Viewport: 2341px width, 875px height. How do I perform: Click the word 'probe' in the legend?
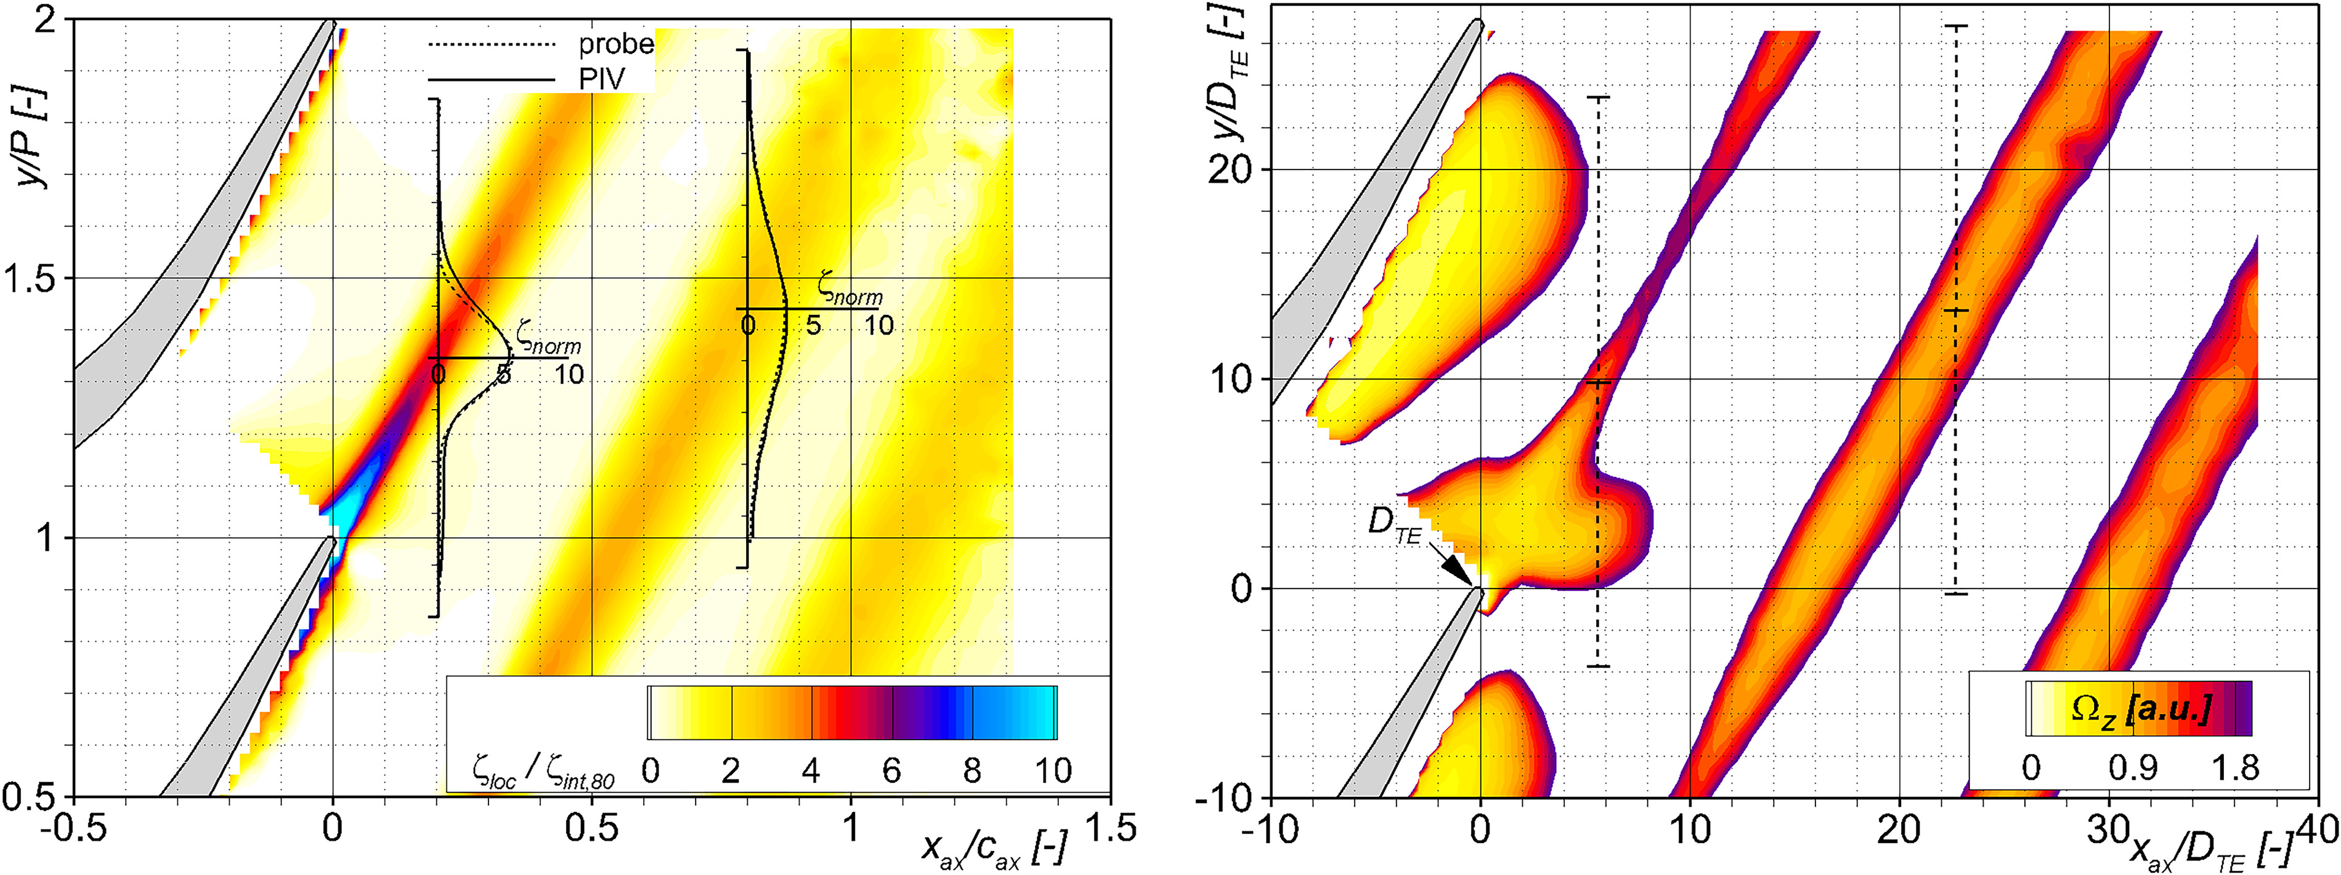[x=616, y=44]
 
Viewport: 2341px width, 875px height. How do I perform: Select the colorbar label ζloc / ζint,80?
[x=543, y=773]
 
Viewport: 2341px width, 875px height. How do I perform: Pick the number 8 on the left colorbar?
[x=972, y=771]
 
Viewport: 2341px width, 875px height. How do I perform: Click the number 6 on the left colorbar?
[x=891, y=771]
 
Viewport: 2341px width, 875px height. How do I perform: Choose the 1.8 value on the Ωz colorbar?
[x=2236, y=768]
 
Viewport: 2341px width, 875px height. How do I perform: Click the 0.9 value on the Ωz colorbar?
[x=2132, y=768]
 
